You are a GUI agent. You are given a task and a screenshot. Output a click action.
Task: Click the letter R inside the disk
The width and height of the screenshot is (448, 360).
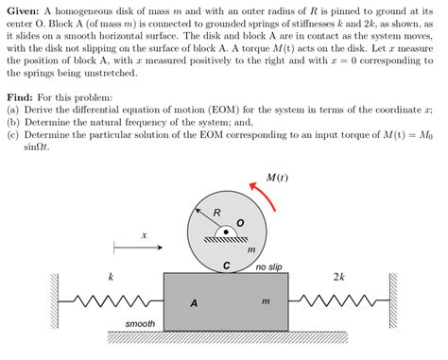pyautogui.click(x=216, y=212)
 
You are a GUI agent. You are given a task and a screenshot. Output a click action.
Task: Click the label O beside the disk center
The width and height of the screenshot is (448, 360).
pyautogui.click(x=240, y=223)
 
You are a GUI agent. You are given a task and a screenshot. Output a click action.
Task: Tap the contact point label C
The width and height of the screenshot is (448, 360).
pyautogui.click(x=226, y=265)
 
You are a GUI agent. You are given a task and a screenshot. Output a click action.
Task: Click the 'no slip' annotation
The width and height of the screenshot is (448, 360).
pyautogui.click(x=268, y=267)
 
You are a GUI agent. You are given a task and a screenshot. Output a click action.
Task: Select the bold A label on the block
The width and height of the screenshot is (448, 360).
pyautogui.click(x=194, y=302)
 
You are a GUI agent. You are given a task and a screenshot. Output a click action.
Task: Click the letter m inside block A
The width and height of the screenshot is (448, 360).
pyautogui.click(x=265, y=300)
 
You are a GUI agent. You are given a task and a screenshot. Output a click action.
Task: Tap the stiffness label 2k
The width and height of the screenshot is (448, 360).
pyautogui.click(x=339, y=277)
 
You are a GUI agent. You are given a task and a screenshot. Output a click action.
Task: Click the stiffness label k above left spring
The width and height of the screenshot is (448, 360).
pyautogui.click(x=112, y=277)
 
